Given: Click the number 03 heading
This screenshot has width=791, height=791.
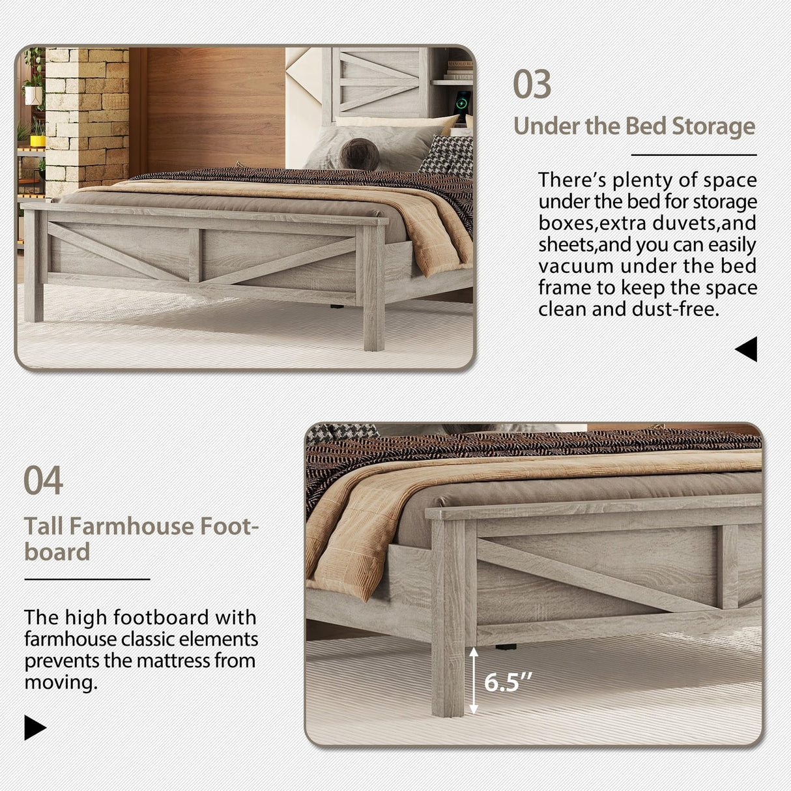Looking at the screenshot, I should [x=532, y=85].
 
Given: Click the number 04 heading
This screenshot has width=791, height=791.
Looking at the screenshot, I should [x=43, y=481].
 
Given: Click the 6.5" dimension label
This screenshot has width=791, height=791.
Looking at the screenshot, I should [x=507, y=682].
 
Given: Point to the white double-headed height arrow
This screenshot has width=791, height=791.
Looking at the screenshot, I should [x=474, y=680].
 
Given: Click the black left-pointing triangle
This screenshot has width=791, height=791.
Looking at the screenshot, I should [x=747, y=349].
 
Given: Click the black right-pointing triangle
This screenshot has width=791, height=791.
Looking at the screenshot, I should [x=35, y=727].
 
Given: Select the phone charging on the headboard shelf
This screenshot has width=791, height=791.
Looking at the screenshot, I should [x=462, y=104].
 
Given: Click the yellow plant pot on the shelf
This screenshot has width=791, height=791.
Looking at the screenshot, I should [x=38, y=139].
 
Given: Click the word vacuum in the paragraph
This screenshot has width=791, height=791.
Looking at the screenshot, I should [x=576, y=266].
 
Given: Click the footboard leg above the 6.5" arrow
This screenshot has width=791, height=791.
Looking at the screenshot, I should [x=448, y=619].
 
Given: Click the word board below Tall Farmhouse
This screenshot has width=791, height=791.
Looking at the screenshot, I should [x=57, y=553].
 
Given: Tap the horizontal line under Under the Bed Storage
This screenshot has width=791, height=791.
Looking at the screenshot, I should [x=694, y=155].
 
